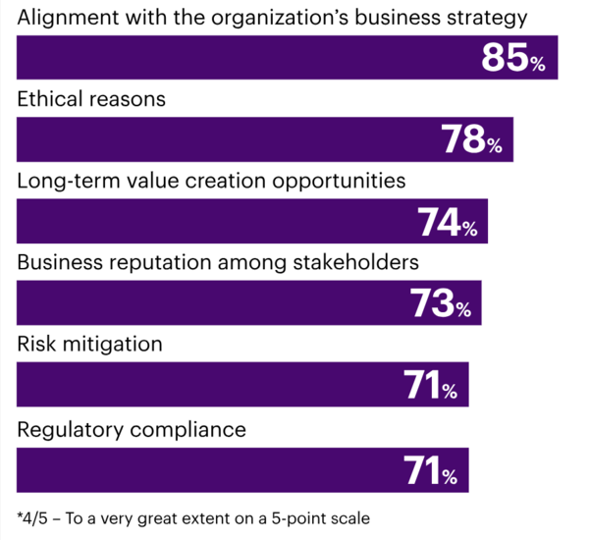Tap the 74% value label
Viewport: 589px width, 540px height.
448,224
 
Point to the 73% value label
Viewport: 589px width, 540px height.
441,305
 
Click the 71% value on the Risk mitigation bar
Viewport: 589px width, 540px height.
431,388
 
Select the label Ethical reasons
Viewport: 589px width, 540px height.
91,100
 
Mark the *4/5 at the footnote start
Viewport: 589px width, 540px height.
32,517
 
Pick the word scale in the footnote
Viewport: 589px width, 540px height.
349,517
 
